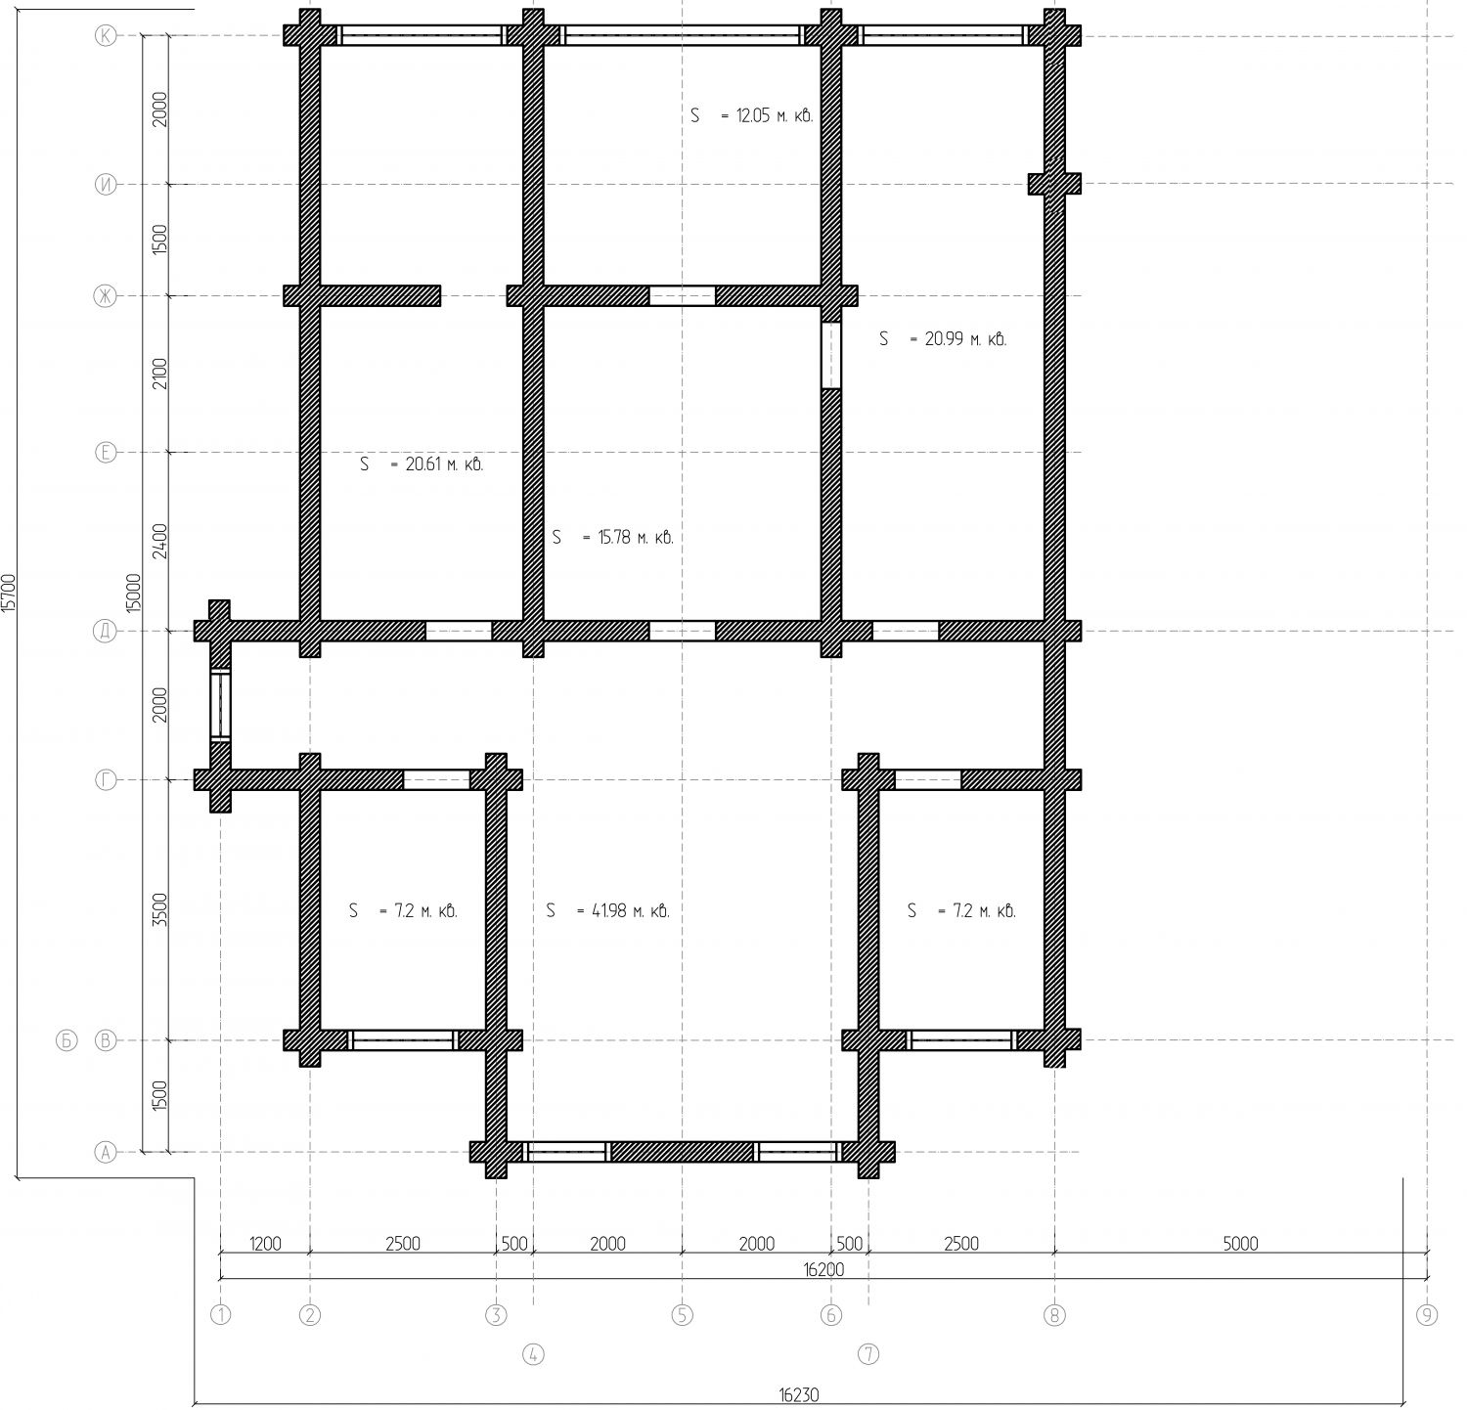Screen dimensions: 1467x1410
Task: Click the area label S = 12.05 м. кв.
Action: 752,115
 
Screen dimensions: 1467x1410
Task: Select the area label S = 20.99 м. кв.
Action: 943,339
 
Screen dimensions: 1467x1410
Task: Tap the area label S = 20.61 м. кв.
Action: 422,464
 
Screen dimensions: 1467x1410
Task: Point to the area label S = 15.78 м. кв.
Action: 612,537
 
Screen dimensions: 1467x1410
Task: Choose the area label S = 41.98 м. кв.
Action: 608,910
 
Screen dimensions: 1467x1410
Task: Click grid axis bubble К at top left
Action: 105,36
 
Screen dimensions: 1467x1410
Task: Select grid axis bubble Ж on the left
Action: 105,295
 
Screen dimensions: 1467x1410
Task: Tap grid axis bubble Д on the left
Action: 105,631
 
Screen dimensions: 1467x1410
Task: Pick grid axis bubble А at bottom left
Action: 105,1152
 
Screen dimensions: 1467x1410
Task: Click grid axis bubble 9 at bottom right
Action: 1427,1314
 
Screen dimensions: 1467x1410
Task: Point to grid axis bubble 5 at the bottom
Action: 683,1314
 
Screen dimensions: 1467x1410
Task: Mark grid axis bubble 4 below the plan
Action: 533,1354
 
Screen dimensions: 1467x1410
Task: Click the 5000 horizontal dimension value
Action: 1240,1244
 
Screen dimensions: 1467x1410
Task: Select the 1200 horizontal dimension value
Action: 265,1244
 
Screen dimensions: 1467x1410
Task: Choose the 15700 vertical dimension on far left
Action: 9,593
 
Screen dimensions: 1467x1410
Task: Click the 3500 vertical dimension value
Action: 160,909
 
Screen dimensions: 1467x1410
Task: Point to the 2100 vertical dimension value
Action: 160,374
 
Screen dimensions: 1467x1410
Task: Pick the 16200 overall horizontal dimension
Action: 822,1269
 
